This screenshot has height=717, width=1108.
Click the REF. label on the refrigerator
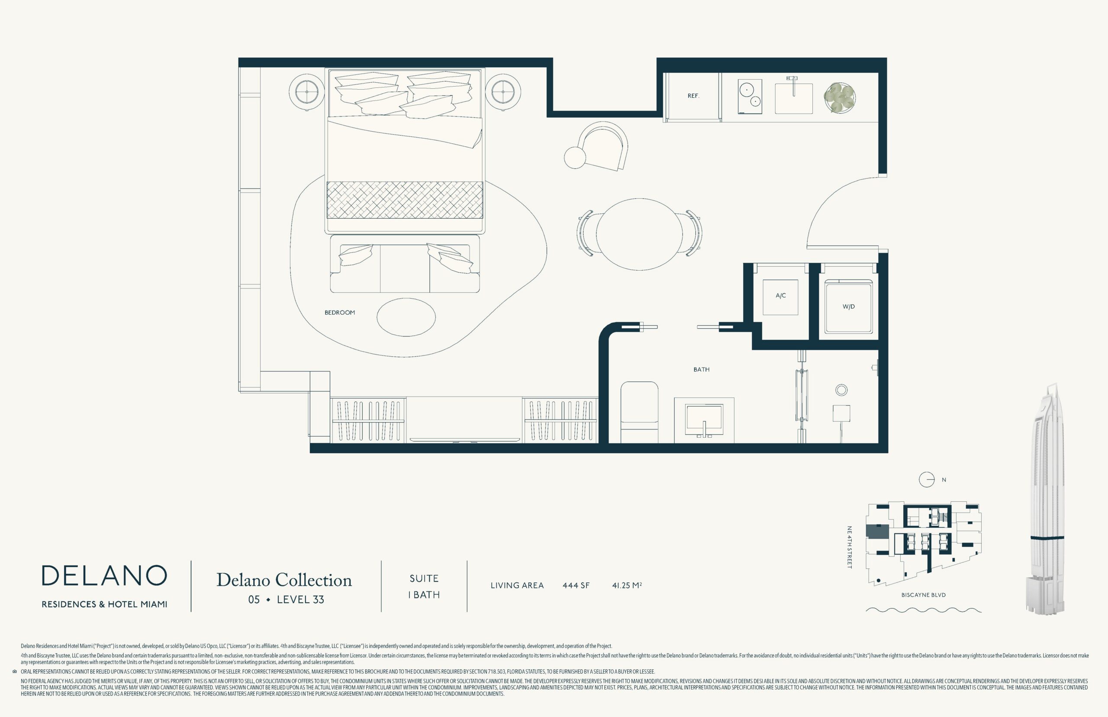(693, 96)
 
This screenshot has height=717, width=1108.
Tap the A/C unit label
(780, 296)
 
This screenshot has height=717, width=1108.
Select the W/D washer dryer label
(848, 307)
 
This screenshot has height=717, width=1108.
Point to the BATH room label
(701, 370)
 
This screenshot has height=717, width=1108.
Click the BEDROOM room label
(340, 313)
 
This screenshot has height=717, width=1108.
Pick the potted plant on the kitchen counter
(840, 98)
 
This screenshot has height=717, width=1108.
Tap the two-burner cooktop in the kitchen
(750, 97)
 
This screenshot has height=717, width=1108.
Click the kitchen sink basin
(793, 98)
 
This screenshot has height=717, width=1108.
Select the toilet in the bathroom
(639, 412)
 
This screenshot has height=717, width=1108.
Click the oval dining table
(639, 234)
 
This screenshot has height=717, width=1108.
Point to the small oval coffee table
(406, 317)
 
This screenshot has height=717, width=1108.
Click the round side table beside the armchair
(575, 157)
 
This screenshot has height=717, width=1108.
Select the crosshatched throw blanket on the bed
(405, 200)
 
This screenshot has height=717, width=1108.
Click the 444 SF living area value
(576, 585)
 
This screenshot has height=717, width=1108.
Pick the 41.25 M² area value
(627, 585)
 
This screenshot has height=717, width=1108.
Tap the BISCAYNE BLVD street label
(923, 595)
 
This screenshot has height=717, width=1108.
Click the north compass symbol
(927, 480)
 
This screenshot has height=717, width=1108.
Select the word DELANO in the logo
(104, 575)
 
